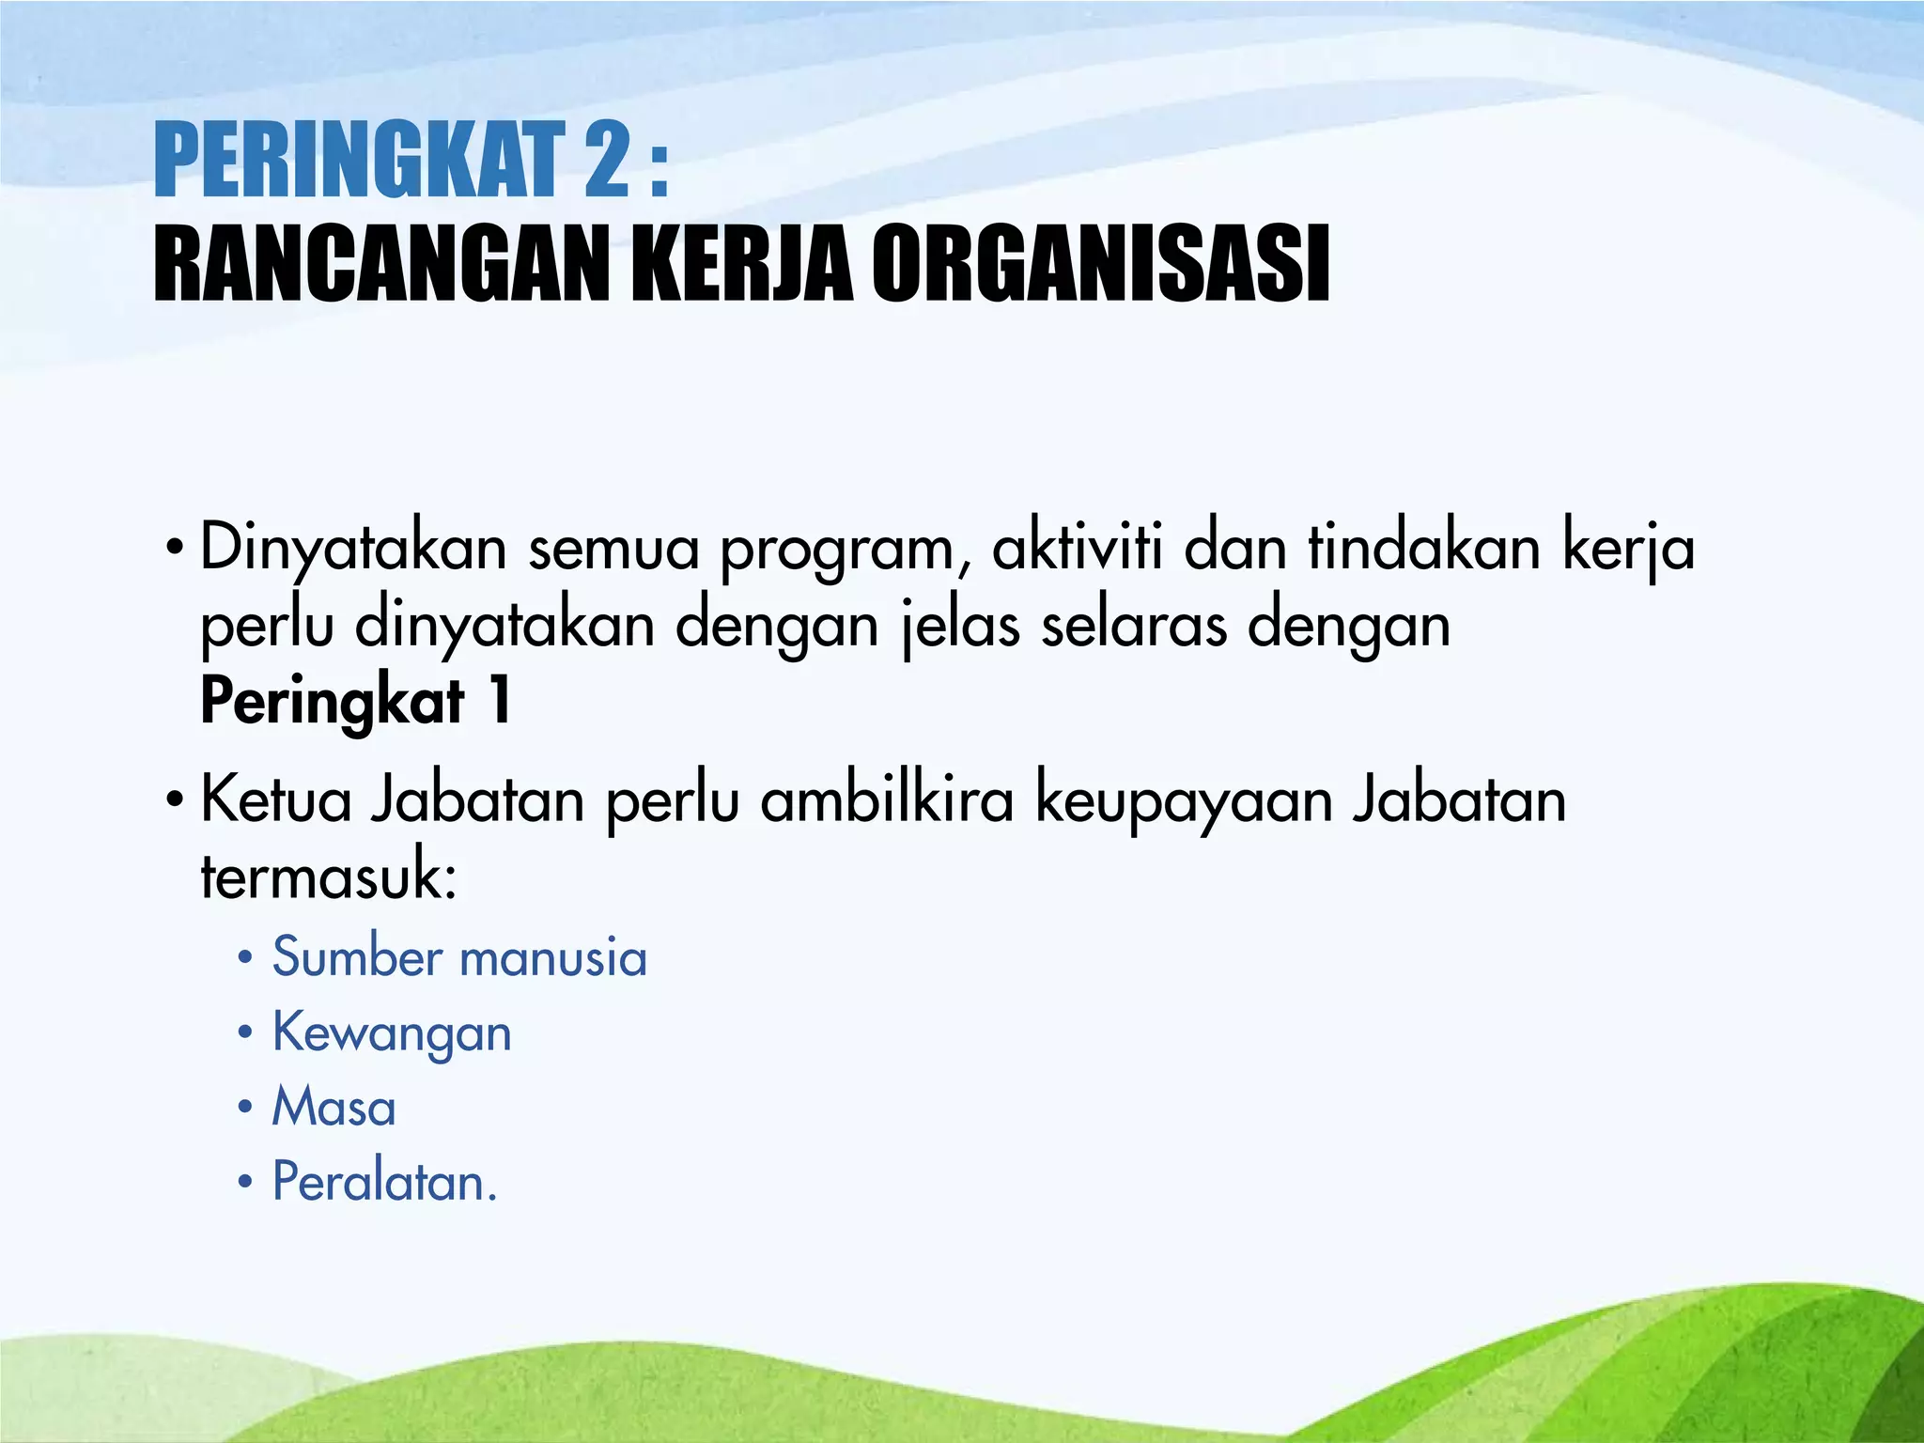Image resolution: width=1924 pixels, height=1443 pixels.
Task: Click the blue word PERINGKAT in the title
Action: tap(357, 162)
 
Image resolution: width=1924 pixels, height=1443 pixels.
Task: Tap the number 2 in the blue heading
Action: tap(605, 162)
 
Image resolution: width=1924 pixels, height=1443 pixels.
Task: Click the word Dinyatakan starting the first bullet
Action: tap(353, 549)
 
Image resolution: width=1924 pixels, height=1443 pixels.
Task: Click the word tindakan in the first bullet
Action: tap(1424, 547)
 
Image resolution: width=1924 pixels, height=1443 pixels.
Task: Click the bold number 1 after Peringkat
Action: tap(500, 701)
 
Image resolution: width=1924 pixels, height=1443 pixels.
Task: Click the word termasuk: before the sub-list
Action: tap(329, 876)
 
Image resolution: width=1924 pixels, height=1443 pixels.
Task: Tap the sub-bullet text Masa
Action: tap(334, 1107)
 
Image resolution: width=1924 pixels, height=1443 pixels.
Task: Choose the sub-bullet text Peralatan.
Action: tap(384, 1182)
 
